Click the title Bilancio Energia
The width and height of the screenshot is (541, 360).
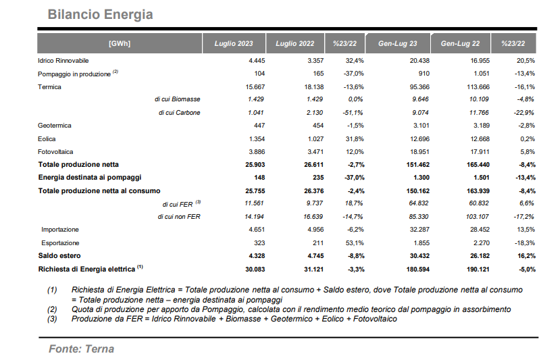click(100, 14)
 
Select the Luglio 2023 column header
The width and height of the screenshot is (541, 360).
click(234, 43)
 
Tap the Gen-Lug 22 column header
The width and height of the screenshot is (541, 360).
click(460, 43)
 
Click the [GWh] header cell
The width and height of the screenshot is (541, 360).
click(120, 43)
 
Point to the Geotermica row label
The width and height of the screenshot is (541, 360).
click(55, 126)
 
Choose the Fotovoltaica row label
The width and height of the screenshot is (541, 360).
click(55, 151)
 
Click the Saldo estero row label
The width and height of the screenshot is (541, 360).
click(59, 256)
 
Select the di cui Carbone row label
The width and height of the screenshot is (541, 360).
click(180, 113)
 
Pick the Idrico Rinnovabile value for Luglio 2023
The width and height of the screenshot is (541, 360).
click(257, 61)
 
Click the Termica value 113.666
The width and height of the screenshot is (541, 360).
click(478, 86)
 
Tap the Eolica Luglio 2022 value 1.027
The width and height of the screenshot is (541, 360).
click(315, 138)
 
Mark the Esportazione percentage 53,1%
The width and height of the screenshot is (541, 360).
click(355, 243)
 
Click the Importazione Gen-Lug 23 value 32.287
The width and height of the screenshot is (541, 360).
click(419, 230)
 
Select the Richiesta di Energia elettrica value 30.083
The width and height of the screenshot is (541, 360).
click(255, 269)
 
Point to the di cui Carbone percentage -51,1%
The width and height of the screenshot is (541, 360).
click(353, 113)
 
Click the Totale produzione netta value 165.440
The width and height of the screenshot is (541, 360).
click(478, 165)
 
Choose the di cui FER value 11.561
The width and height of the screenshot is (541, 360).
click(254, 203)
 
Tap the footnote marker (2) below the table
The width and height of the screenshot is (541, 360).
click(52, 309)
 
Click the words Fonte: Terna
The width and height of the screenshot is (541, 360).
click(82, 349)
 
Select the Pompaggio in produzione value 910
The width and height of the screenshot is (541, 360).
click(423, 74)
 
